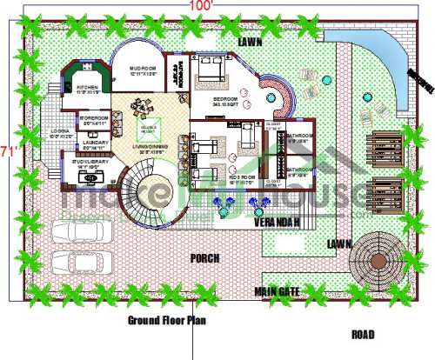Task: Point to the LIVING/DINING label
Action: (149, 148)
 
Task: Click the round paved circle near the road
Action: (378, 257)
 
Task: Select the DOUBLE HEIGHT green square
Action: (149, 128)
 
